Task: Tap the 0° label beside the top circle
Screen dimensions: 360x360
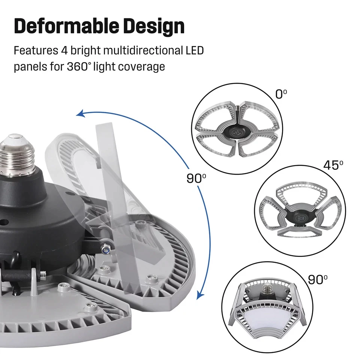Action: (281, 94)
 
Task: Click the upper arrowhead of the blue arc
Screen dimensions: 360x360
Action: (79, 114)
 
